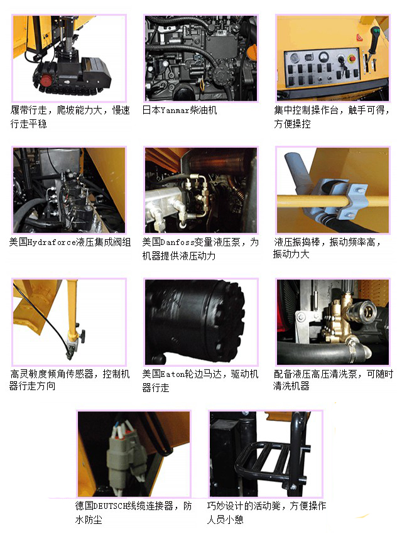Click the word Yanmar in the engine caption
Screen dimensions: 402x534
(175, 111)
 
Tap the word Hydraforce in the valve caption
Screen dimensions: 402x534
(52, 242)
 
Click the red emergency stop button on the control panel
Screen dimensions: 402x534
(352, 59)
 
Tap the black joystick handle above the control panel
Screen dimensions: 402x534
(374, 39)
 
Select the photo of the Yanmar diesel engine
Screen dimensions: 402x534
(201, 58)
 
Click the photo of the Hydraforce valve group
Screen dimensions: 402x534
(69, 190)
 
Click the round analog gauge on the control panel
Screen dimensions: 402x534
(323, 55)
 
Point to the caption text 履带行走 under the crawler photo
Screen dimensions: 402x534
(29, 111)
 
